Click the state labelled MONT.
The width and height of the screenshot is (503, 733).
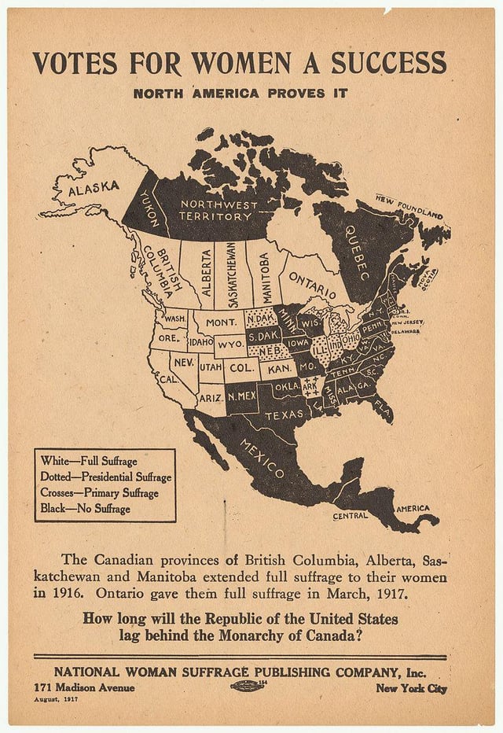pyautogui.click(x=222, y=322)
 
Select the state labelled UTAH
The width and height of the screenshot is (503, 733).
pyautogui.click(x=210, y=367)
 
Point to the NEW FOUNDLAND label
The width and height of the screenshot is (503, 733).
pyautogui.click(x=409, y=206)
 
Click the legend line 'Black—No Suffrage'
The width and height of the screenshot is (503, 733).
pyautogui.click(x=85, y=509)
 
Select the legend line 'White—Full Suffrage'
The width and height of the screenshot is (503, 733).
pyautogui.click(x=88, y=461)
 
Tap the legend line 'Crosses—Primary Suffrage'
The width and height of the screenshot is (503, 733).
pyautogui.click(x=99, y=493)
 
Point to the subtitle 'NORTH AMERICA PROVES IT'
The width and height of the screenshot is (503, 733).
pyautogui.click(x=240, y=94)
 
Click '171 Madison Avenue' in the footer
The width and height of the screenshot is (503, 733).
pyautogui.click(x=83, y=688)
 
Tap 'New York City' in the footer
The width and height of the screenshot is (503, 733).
pyautogui.click(x=411, y=688)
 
